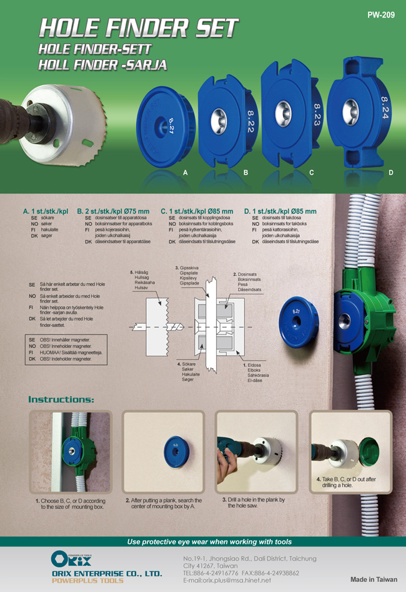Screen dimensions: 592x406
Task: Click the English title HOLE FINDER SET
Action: coord(139,28)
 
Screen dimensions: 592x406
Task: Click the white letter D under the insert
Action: coord(390,172)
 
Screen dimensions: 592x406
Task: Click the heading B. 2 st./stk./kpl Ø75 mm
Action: coord(114,211)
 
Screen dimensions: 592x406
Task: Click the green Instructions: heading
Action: coord(61,399)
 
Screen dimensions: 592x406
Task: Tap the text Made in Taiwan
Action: coord(374,579)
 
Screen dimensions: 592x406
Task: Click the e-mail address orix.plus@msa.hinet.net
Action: coord(227,580)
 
